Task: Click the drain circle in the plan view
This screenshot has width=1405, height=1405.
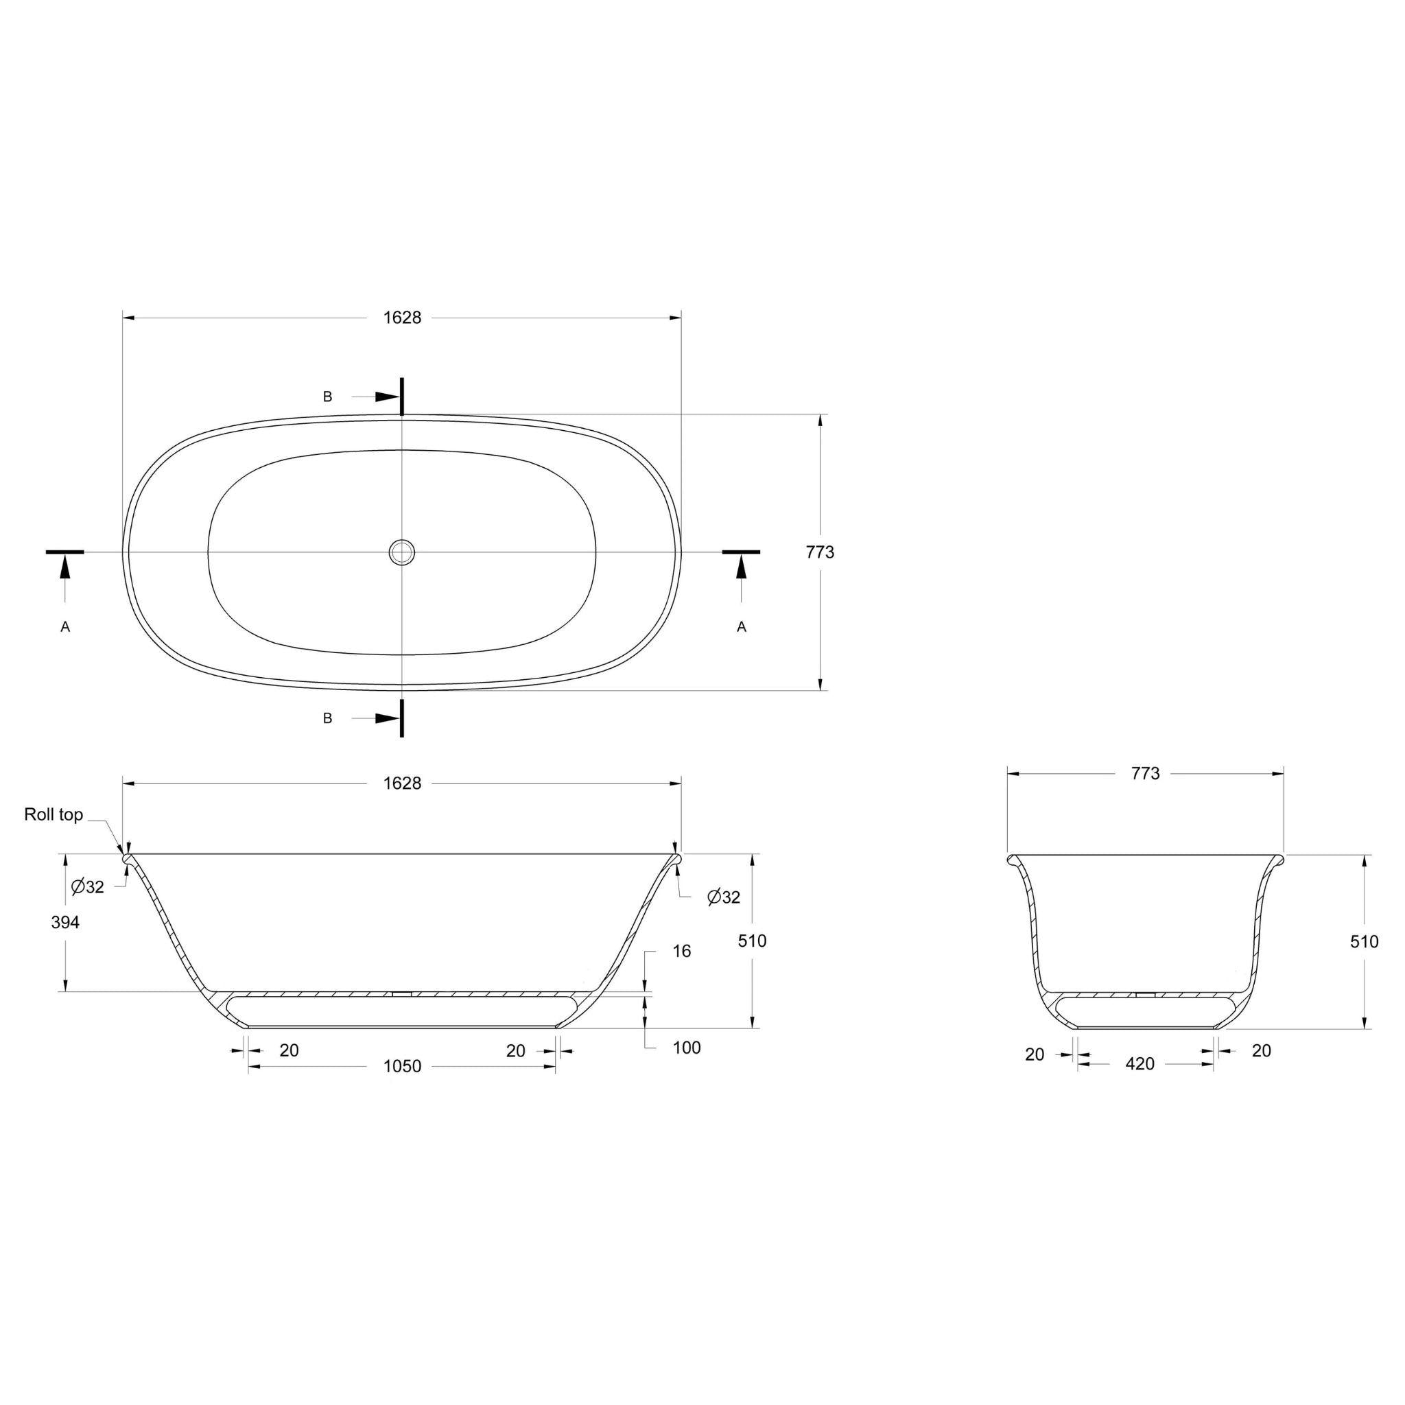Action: (401, 552)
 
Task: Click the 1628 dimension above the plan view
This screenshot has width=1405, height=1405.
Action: (402, 318)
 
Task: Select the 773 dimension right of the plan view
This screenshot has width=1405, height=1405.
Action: (820, 552)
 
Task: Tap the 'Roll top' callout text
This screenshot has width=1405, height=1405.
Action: (54, 814)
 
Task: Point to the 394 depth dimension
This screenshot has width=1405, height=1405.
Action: (64, 922)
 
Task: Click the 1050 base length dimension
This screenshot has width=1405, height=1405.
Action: (402, 1066)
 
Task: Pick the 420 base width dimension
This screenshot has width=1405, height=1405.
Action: (1140, 1064)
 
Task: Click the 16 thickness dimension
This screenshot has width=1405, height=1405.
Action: (681, 952)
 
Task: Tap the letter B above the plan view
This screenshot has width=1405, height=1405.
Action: (327, 397)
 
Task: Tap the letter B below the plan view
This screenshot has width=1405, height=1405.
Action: (327, 718)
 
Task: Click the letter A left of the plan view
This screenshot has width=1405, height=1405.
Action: (64, 627)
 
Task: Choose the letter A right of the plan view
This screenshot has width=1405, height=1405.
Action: (741, 627)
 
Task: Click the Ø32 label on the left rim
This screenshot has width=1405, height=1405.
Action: (88, 886)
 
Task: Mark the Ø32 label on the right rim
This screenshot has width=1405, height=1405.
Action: (724, 897)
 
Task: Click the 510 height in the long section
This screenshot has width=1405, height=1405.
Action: (752, 941)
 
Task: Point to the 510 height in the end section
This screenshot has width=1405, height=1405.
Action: (1364, 942)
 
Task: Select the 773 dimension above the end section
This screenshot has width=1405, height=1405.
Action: (1146, 774)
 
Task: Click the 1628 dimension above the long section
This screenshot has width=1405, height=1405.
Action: (402, 783)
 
